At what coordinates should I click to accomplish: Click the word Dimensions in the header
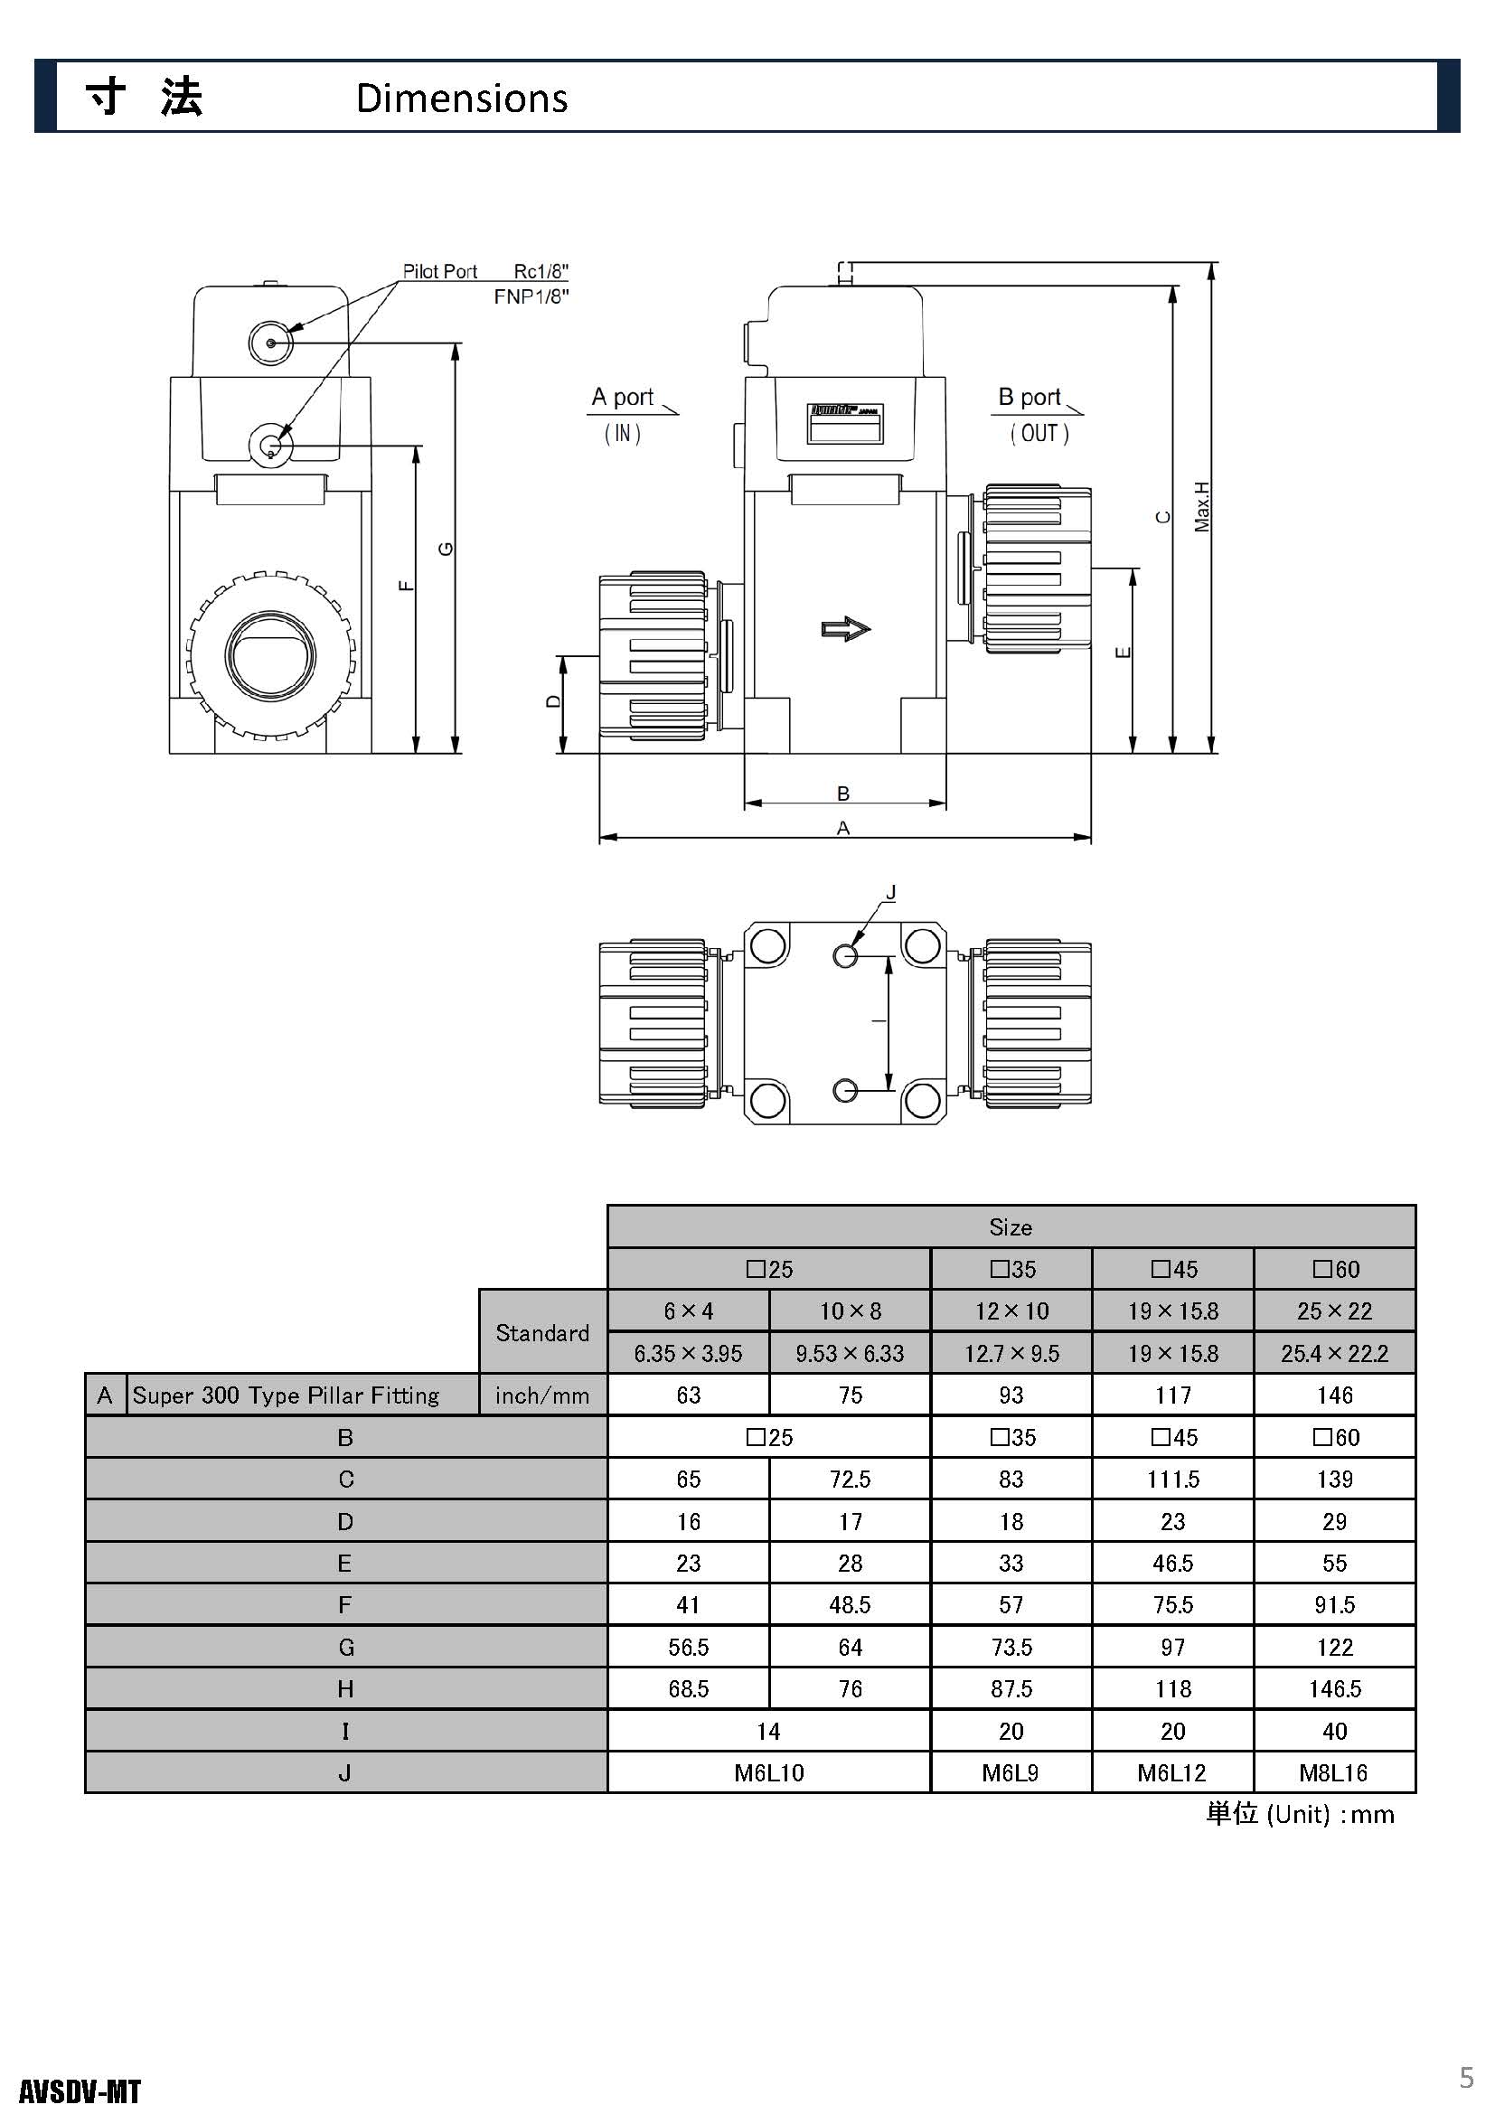click(x=461, y=98)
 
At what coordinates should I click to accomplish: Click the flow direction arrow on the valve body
click(x=846, y=629)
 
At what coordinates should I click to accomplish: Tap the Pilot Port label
click(x=440, y=271)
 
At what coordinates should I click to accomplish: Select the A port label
click(x=622, y=397)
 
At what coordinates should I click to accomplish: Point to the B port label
click(x=1030, y=397)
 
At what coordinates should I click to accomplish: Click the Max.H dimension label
click(x=1202, y=506)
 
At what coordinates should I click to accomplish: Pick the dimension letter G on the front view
click(x=447, y=549)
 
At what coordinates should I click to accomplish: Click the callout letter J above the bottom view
click(x=890, y=892)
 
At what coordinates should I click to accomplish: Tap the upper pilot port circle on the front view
click(x=270, y=343)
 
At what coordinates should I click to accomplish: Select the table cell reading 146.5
click(x=1335, y=1688)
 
